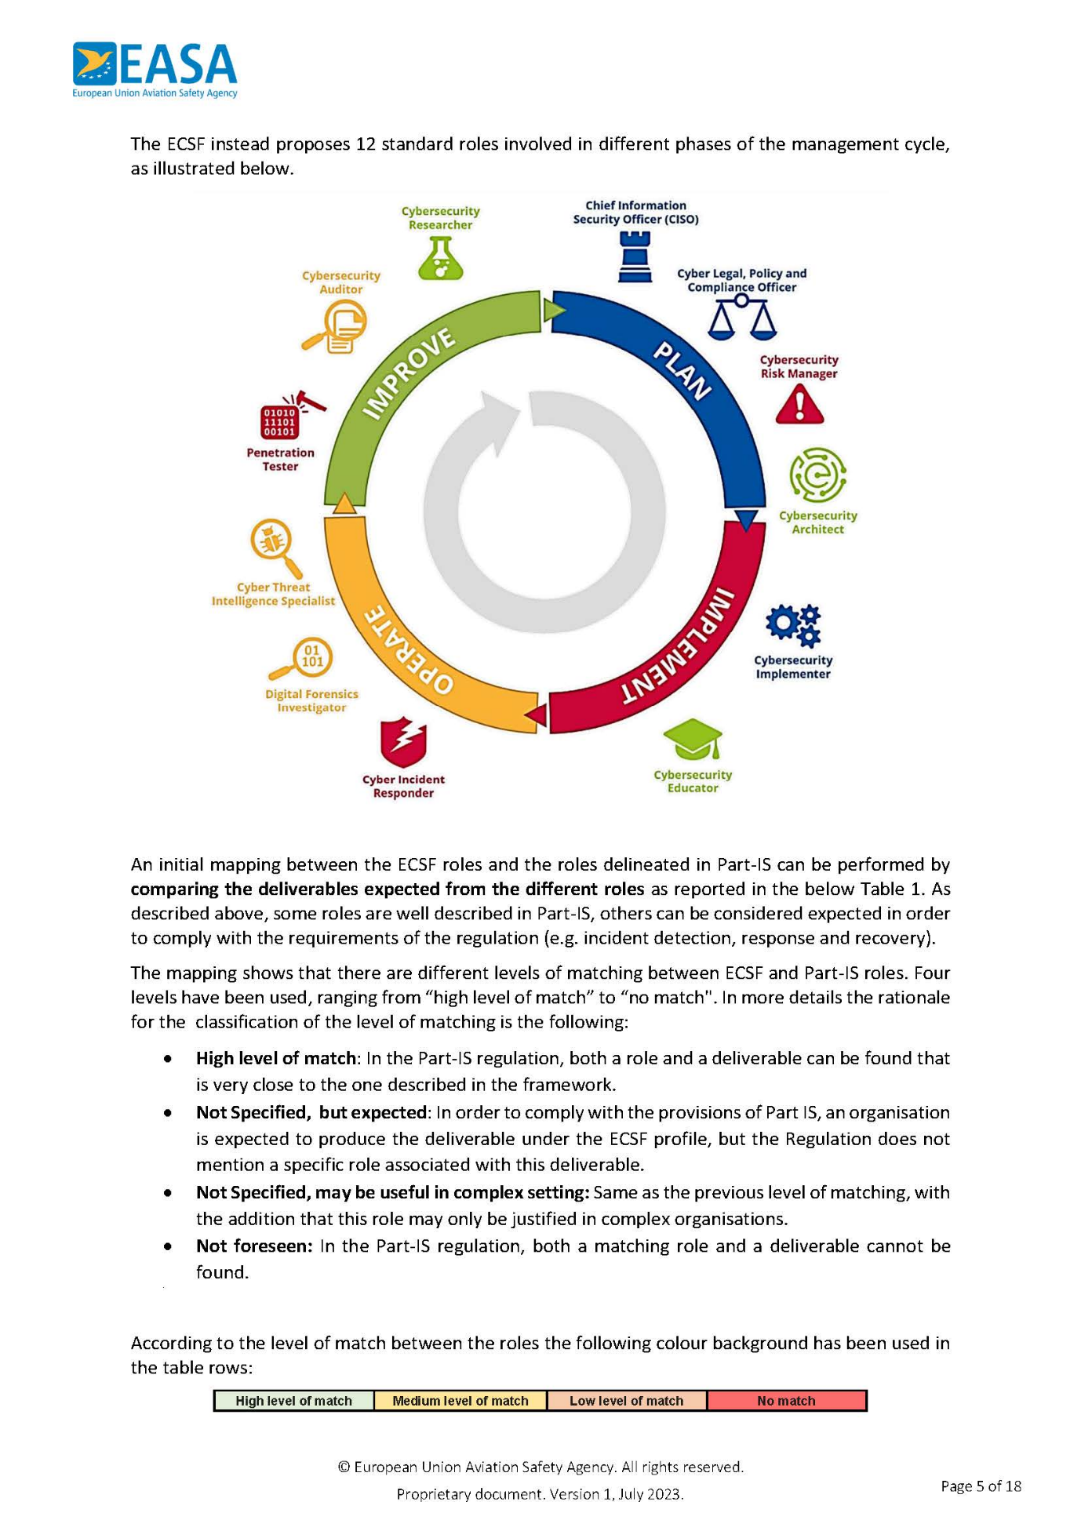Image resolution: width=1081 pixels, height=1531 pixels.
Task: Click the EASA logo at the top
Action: [x=155, y=69]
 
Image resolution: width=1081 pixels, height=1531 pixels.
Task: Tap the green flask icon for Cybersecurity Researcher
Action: [x=441, y=257]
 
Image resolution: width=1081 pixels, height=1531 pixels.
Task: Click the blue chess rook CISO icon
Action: [x=635, y=256]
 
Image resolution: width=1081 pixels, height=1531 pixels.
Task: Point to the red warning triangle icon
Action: [x=799, y=405]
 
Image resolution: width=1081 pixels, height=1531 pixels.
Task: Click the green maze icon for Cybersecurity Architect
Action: [x=817, y=475]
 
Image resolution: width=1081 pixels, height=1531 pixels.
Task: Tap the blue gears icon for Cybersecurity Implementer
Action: [x=793, y=625]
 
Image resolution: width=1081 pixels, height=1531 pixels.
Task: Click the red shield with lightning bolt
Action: [x=403, y=742]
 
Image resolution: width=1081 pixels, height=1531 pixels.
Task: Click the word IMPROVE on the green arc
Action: [x=409, y=373]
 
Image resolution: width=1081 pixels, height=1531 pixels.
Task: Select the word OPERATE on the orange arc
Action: [x=409, y=650]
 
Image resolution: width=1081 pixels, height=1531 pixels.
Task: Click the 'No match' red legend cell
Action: [x=786, y=1401]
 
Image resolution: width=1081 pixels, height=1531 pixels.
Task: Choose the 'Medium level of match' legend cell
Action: [x=460, y=1401]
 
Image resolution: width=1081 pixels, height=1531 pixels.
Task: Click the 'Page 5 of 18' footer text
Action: [x=981, y=1486]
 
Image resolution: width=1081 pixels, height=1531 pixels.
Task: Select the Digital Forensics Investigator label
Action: [x=311, y=700]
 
